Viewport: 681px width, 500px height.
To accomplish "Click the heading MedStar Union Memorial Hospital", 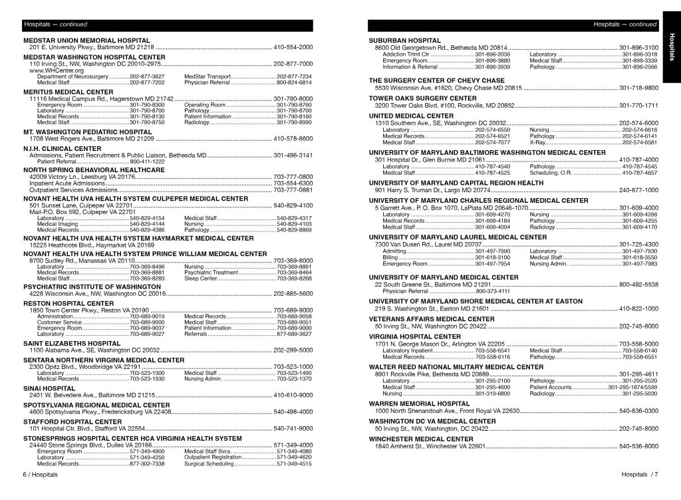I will click(86, 41).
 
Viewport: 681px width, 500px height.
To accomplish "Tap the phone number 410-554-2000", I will click(293, 48).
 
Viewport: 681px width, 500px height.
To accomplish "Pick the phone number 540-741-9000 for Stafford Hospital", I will click(293, 428).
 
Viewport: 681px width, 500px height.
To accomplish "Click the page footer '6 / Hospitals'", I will click(40, 475).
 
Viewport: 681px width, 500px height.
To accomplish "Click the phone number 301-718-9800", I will click(638, 88).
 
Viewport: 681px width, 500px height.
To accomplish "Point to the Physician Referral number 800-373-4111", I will click(493, 291).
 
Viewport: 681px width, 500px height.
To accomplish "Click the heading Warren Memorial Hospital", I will click(419, 403).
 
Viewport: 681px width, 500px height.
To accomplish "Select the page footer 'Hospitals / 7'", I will click(639, 475).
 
